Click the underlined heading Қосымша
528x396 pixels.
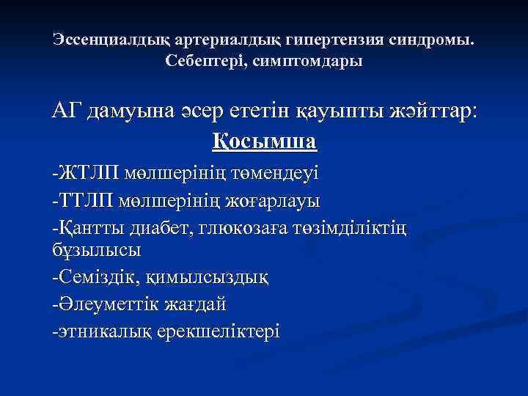coord(264,140)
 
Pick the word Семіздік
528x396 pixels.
coord(99,278)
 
